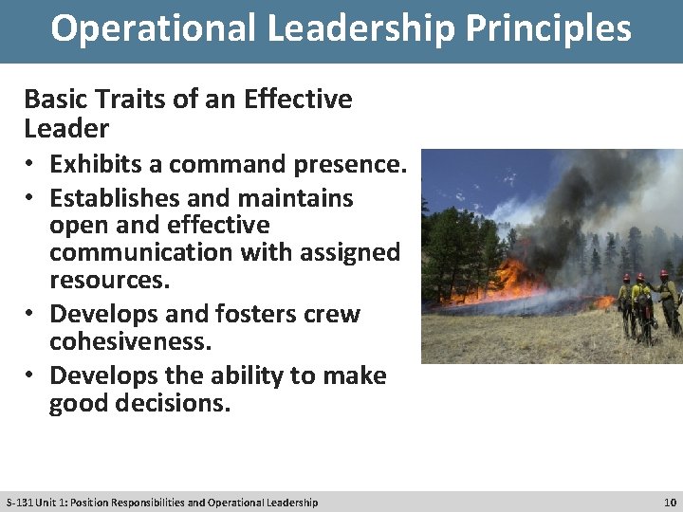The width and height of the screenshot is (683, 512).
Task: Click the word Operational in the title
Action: coord(152,28)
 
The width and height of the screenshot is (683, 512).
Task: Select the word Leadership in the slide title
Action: coord(359,28)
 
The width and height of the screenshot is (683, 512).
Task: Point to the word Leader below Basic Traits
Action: coord(66,128)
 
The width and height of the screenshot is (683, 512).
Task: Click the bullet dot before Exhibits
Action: coord(31,165)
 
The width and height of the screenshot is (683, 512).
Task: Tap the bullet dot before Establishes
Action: coord(31,199)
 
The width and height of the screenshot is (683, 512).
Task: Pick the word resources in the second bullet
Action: coord(109,280)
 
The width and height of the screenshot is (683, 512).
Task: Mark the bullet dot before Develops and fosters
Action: coord(31,315)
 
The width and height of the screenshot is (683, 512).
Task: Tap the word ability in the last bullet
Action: coord(243,375)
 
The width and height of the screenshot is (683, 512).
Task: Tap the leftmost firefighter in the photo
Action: coord(625,303)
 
